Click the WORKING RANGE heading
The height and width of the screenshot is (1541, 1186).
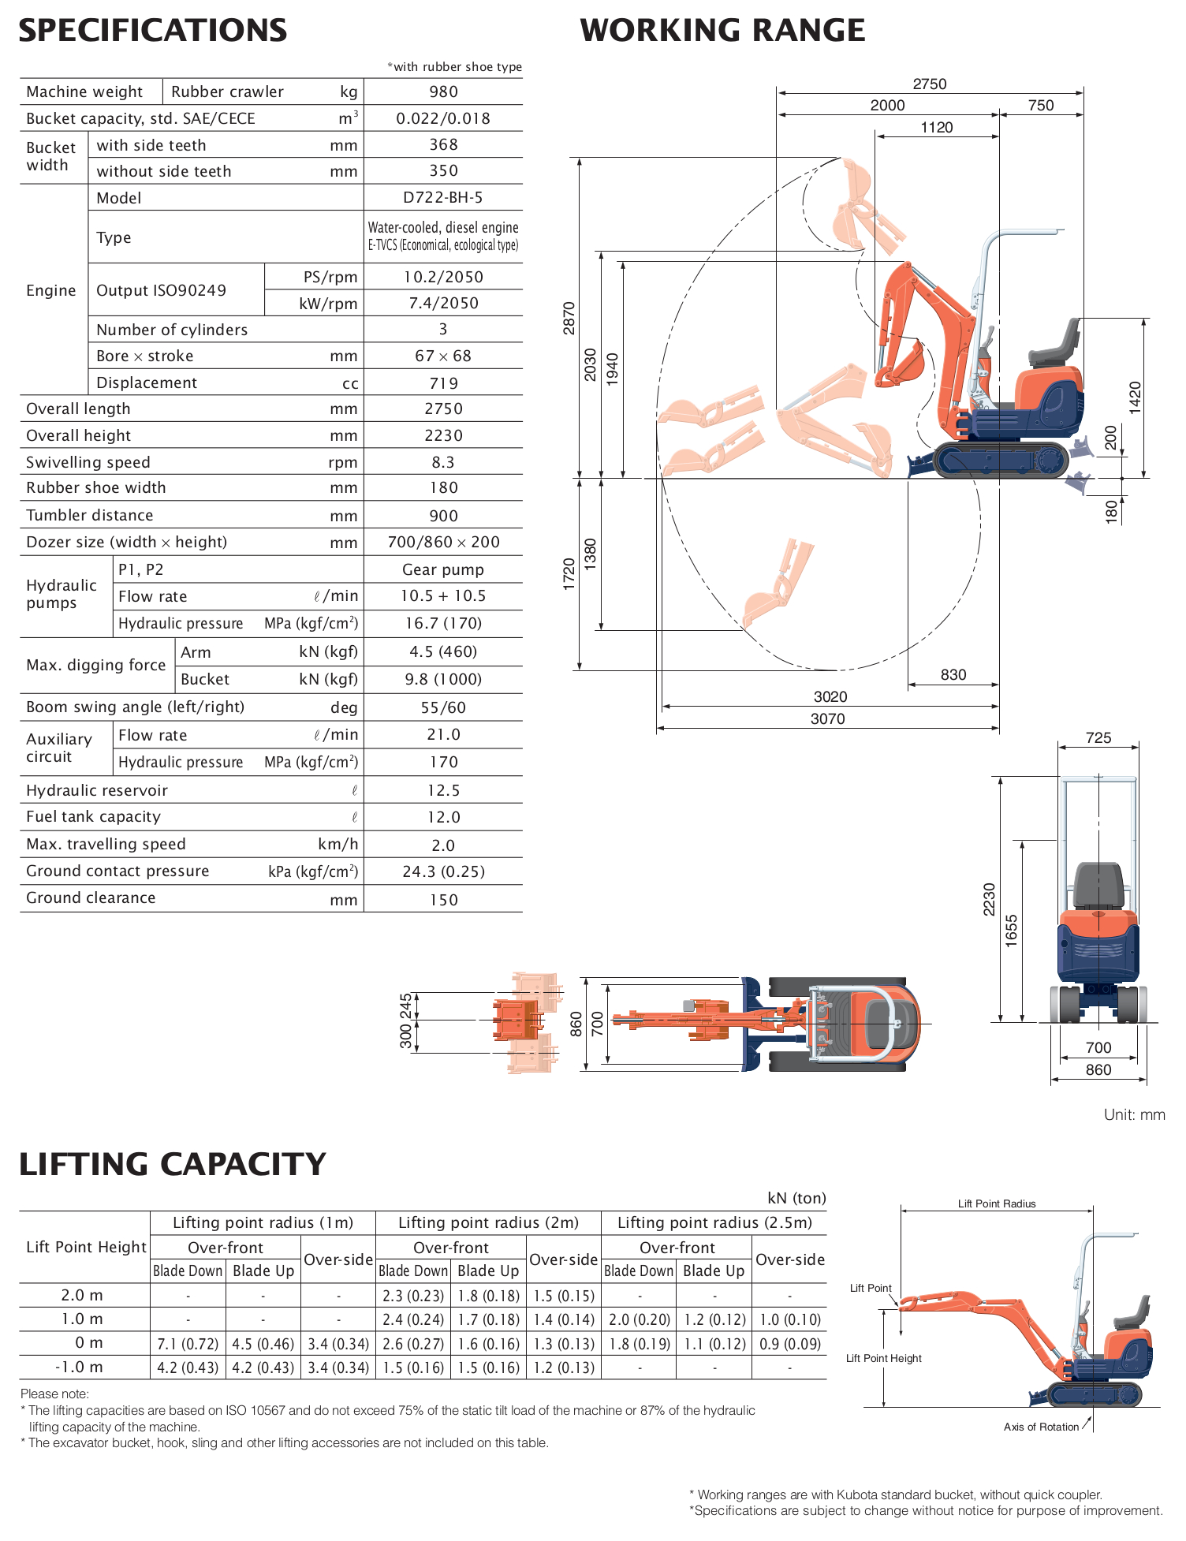coord(722,31)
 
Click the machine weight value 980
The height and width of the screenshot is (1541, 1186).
coord(443,91)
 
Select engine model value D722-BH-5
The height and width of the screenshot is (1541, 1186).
coord(442,198)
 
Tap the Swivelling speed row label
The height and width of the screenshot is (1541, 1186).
coord(88,462)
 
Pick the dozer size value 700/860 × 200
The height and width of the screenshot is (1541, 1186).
coord(443,543)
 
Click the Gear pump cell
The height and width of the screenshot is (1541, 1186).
coord(442,569)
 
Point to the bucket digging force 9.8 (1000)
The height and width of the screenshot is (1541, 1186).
coord(442,679)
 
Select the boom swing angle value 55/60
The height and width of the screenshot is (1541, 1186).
coord(442,707)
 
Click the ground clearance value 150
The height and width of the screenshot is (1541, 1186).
coord(443,900)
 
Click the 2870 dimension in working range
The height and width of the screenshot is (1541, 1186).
coord(569,318)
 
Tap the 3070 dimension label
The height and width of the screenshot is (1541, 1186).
coord(827,718)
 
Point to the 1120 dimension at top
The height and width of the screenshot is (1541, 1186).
coord(936,128)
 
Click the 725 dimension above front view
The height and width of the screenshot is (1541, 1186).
coord(1098,738)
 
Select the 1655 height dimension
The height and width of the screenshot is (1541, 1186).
coord(1012,931)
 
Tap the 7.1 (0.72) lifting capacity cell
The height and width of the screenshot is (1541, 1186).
coord(188,1344)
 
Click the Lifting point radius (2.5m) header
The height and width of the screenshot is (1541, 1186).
coord(714,1222)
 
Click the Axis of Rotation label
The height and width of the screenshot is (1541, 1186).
coord(1040,1427)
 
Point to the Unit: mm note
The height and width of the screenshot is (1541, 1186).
coord(1134,1114)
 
